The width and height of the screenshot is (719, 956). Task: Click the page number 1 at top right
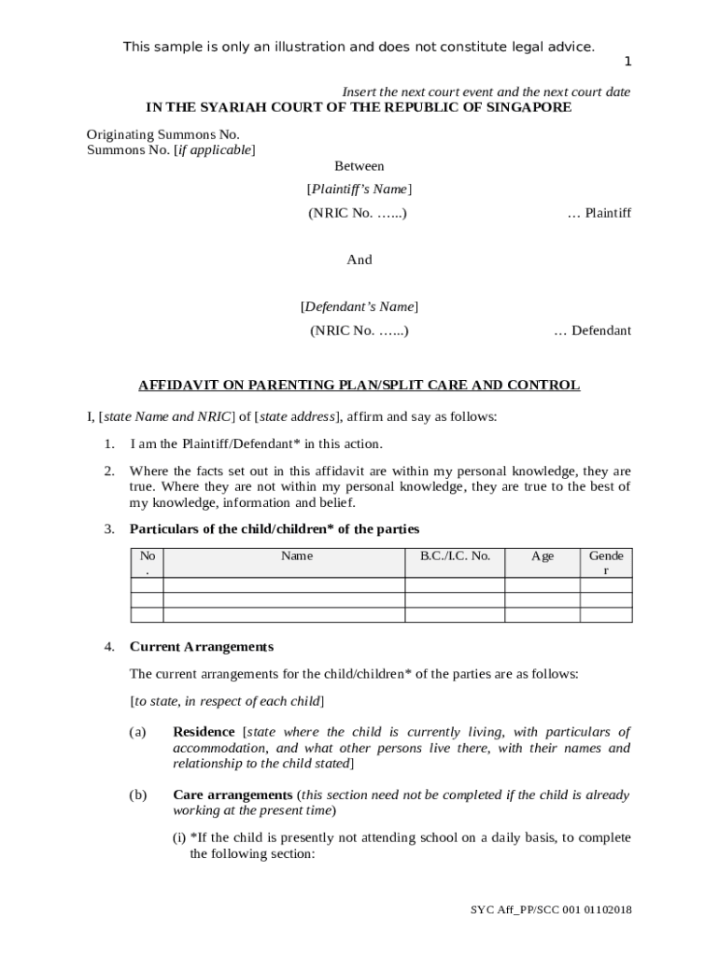(627, 63)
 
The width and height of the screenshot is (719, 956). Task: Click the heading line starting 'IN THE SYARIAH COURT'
(359, 107)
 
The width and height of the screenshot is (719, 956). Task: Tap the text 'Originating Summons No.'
(163, 134)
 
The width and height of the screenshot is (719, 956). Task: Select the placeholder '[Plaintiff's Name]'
(359, 190)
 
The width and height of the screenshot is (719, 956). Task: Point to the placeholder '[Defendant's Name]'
(359, 306)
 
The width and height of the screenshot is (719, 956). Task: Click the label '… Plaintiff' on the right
(599, 213)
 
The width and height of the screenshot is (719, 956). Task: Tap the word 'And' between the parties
(359, 260)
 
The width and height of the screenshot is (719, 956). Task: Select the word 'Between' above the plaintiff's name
(359, 166)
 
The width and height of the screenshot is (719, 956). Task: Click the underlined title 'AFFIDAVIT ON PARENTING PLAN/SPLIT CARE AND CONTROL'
(359, 385)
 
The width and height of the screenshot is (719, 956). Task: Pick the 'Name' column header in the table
(297, 556)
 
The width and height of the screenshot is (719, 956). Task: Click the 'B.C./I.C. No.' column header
(455, 556)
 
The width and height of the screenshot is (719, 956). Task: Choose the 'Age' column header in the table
(543, 556)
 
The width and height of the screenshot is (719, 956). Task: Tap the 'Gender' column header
(606, 563)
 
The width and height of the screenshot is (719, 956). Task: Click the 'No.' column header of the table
(148, 562)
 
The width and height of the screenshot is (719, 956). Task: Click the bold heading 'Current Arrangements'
(202, 647)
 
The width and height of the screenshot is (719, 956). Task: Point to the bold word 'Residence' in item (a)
(204, 732)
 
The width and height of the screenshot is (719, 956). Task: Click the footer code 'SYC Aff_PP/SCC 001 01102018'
(551, 910)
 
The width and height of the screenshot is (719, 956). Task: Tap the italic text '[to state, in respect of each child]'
(227, 701)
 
